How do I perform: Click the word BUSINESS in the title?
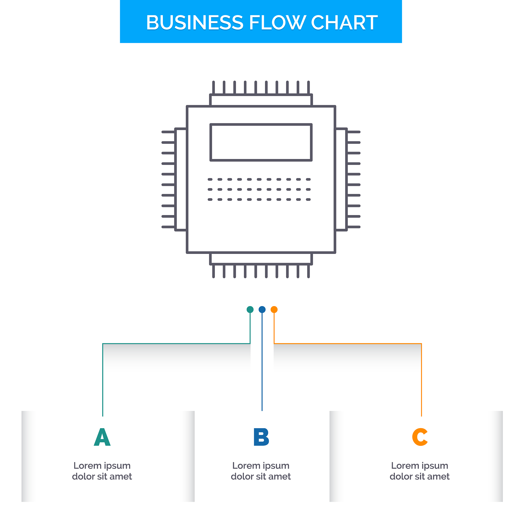(x=194, y=22)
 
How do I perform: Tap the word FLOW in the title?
(x=277, y=22)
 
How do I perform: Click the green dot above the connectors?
(x=250, y=310)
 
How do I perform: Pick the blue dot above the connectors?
(x=262, y=310)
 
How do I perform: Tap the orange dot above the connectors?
(x=274, y=310)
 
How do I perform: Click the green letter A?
(x=102, y=437)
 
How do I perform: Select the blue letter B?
(x=261, y=437)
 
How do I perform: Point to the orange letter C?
(x=420, y=437)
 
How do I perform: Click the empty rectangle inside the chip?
(x=261, y=142)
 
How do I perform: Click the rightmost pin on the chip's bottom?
(x=309, y=271)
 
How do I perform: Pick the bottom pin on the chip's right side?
(x=354, y=227)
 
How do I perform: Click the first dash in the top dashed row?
(x=210, y=179)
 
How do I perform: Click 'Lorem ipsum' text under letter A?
(x=102, y=466)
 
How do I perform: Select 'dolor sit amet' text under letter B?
(x=261, y=477)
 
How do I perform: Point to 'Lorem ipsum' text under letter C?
(x=420, y=466)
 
